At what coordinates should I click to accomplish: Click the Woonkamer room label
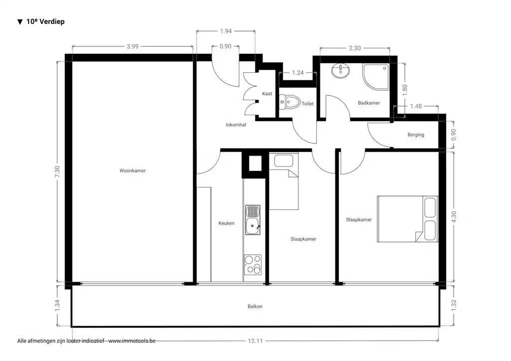132,171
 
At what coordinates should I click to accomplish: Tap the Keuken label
226,223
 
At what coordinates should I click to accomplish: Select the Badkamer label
369,103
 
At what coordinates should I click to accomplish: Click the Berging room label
416,135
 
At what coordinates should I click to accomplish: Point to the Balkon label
255,306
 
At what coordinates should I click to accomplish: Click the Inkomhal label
236,125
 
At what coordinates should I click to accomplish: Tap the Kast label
267,94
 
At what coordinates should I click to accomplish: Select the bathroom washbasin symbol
341,71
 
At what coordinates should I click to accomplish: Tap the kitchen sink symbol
253,220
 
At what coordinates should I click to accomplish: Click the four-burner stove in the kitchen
253,264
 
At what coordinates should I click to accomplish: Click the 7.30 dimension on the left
58,172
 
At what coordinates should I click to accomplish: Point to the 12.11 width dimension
255,341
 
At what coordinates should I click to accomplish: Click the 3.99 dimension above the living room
132,46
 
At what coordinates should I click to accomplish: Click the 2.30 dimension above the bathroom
354,48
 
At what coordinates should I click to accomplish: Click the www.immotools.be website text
132,341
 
